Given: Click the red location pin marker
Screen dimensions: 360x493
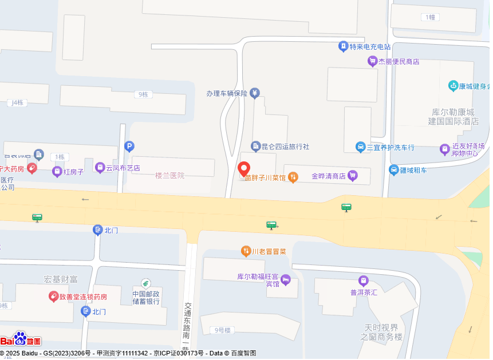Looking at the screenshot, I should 243,169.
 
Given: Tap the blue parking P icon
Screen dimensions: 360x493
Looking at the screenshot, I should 129,147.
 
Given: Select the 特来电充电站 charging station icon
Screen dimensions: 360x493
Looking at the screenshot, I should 343,46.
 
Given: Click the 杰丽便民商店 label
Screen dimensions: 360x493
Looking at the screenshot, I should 399,61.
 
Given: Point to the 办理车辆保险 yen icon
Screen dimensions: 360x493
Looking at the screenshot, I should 255,93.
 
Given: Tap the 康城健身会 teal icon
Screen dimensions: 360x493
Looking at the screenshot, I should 453,86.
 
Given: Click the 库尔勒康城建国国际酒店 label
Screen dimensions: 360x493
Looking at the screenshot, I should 453,116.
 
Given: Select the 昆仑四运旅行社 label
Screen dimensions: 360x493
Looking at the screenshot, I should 285,147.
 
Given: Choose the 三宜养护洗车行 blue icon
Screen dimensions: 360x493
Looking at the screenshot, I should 360,147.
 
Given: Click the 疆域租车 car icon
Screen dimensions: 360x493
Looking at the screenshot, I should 394,170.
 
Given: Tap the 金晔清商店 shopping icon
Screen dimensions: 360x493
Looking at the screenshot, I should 353,176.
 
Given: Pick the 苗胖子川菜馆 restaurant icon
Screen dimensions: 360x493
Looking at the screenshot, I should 293,177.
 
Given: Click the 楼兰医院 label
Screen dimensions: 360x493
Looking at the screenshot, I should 170,175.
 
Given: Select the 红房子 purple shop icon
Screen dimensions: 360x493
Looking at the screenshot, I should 57,171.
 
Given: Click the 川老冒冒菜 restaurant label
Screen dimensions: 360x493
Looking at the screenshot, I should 269,251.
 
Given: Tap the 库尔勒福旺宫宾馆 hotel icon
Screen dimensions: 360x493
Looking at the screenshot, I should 286,280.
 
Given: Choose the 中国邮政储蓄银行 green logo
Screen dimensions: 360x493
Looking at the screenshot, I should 146,284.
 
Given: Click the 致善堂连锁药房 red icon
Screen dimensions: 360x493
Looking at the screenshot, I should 53,296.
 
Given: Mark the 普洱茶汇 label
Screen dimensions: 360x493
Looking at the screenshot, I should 364,292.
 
